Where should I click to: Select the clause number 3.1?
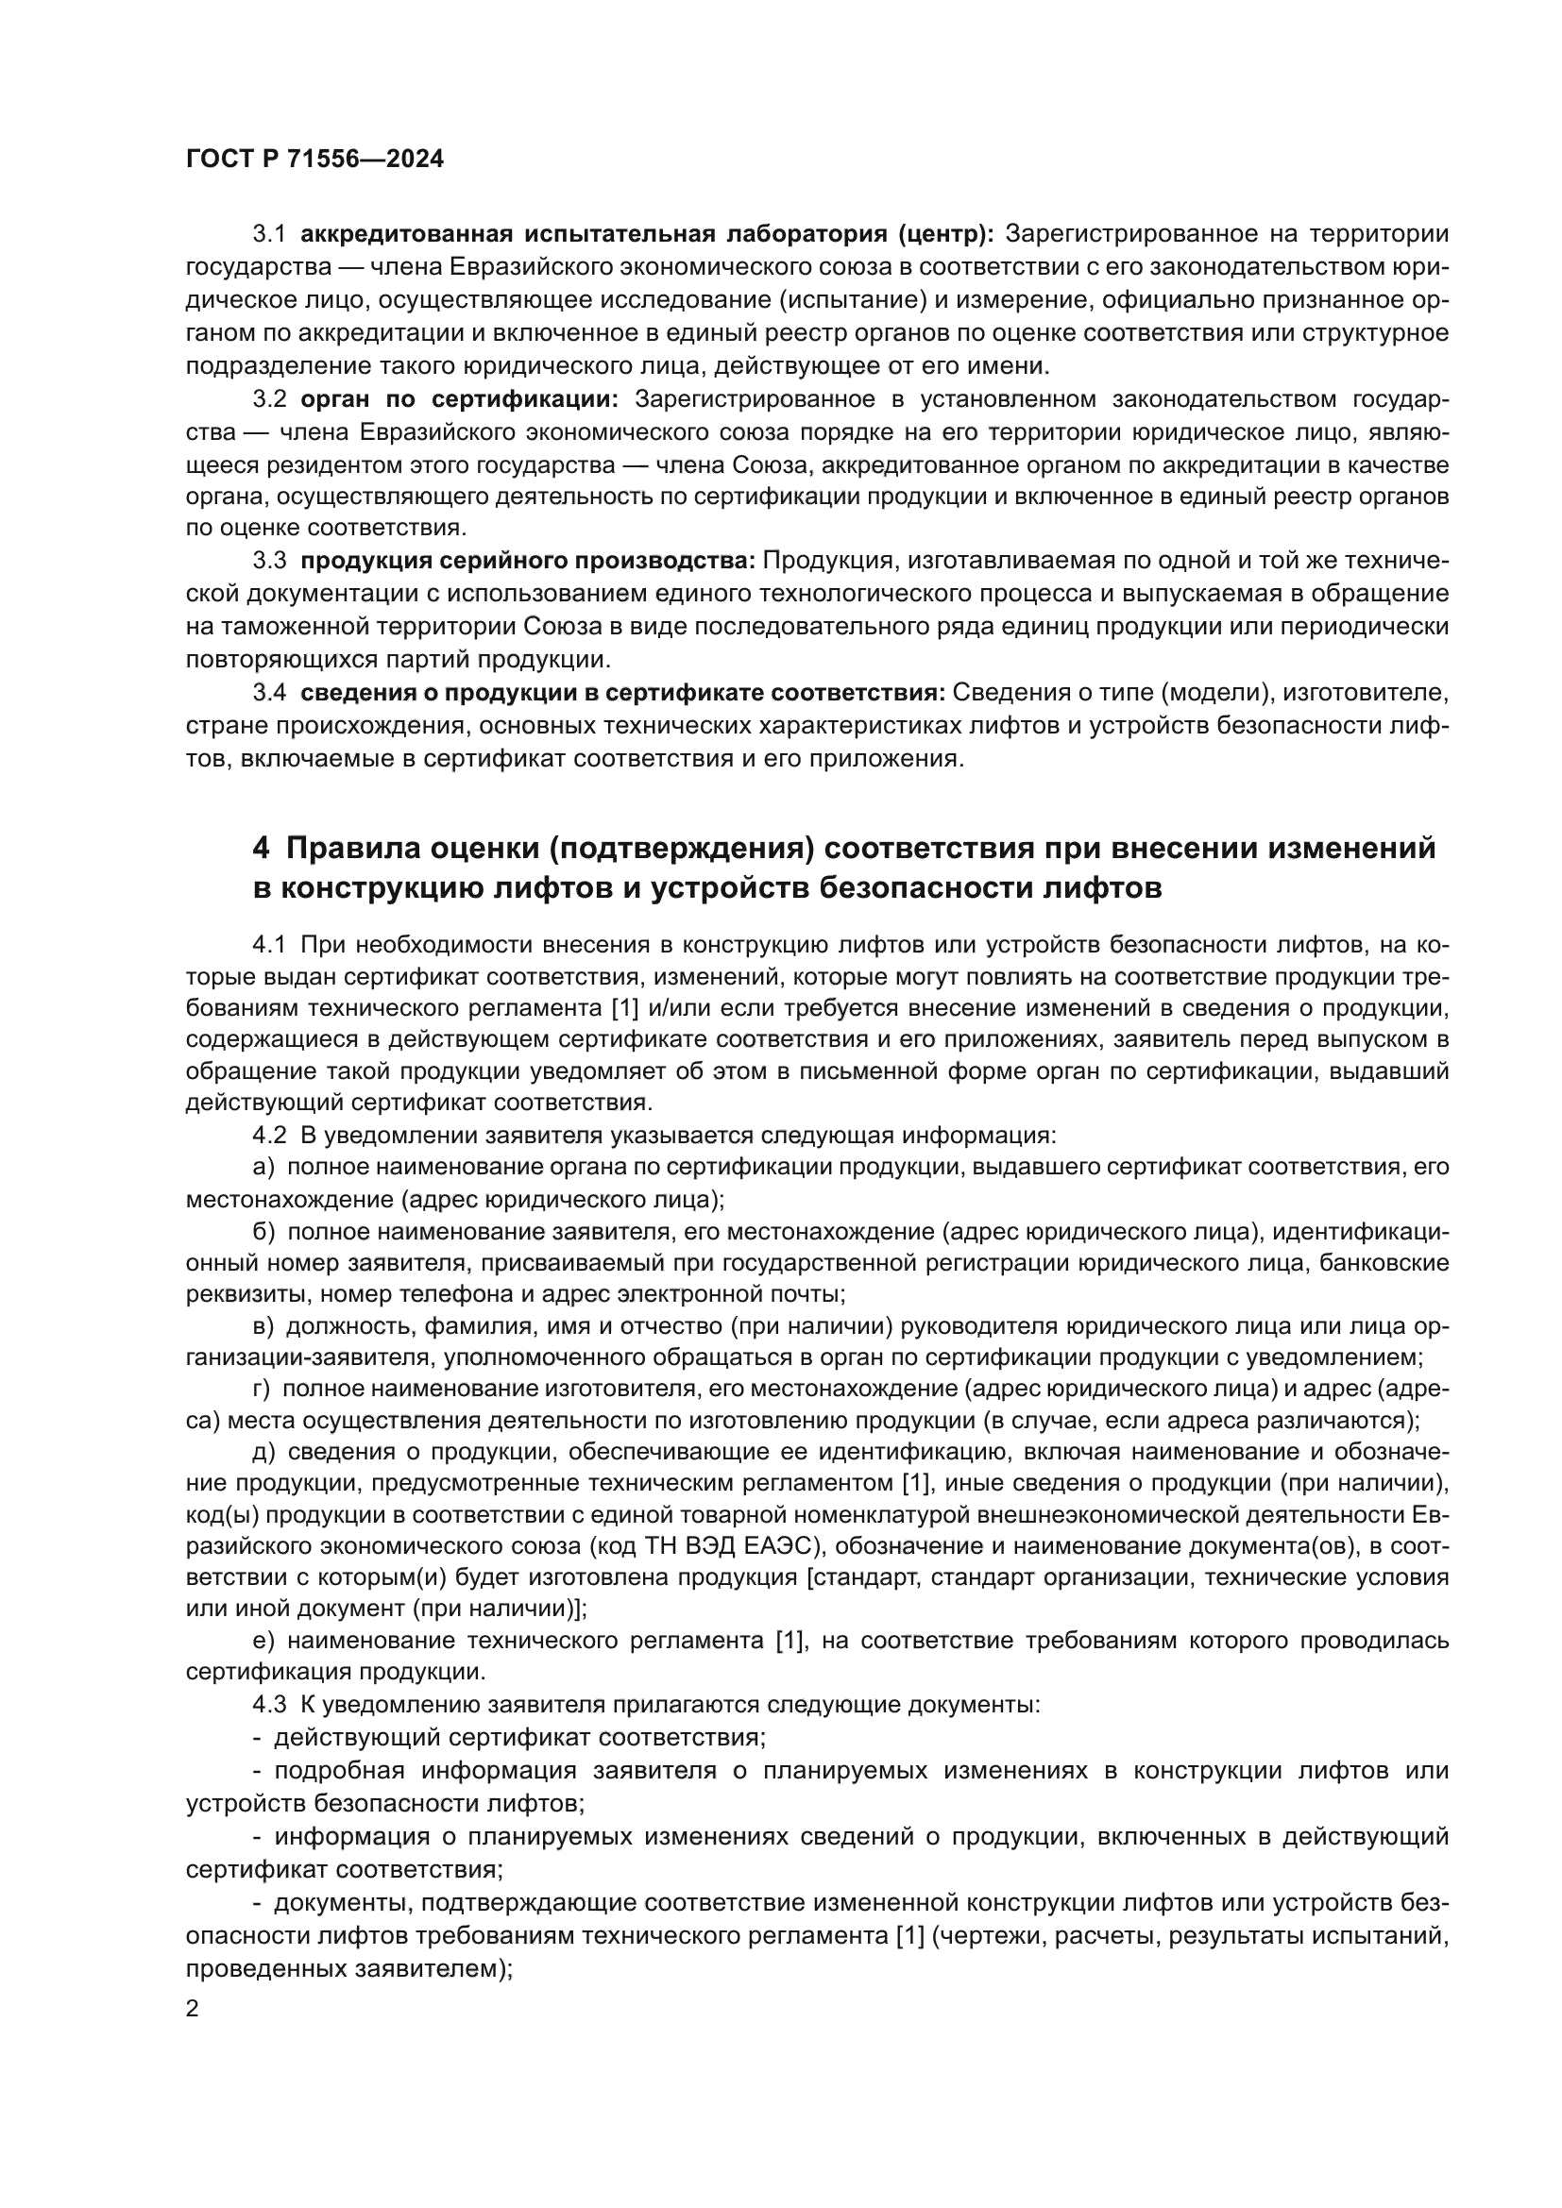(269, 234)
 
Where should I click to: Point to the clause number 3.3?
(269, 561)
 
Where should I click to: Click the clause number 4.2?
(269, 1136)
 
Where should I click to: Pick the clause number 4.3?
(269, 1705)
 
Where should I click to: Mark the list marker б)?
(264, 1232)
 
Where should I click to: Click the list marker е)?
(264, 1641)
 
